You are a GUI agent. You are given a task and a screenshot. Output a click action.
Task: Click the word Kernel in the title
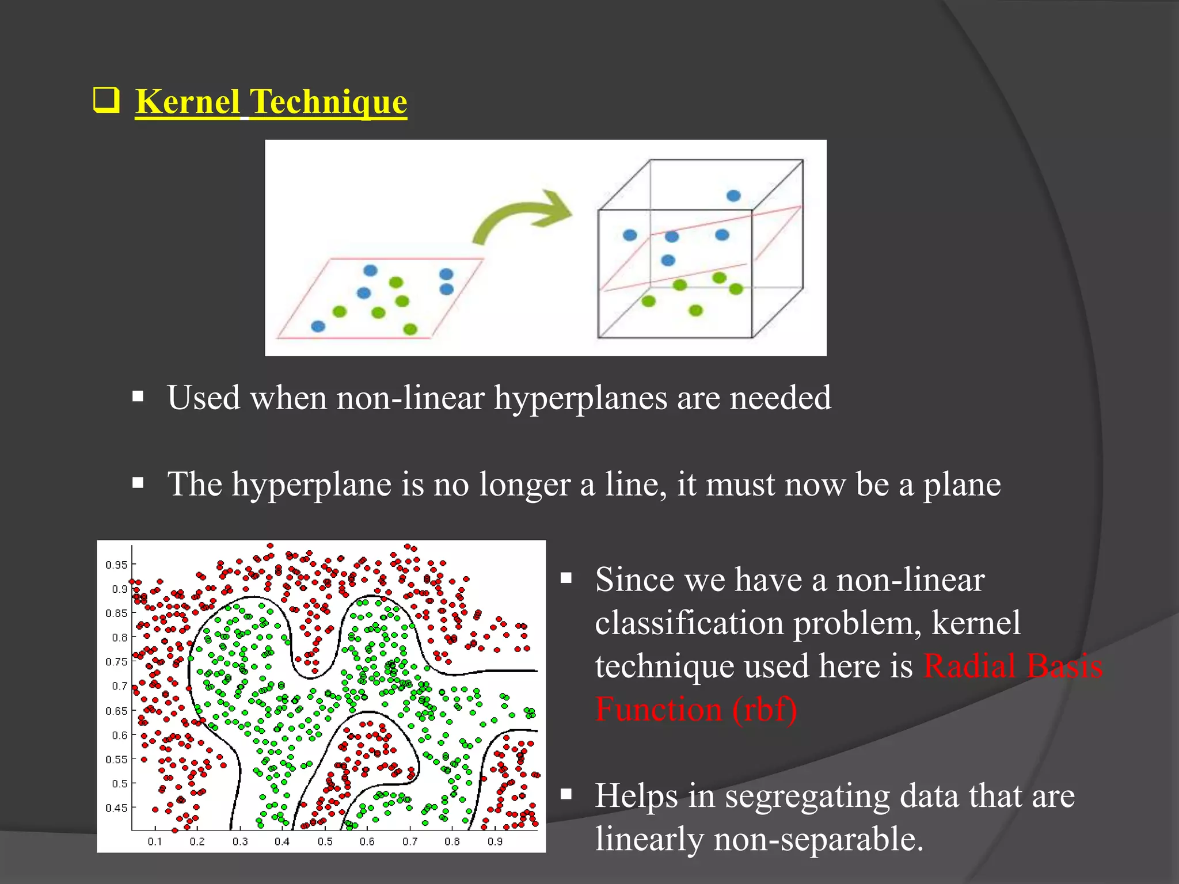click(187, 102)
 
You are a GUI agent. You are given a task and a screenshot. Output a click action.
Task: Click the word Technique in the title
click(329, 102)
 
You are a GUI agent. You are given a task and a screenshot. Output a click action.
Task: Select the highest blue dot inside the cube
click(733, 196)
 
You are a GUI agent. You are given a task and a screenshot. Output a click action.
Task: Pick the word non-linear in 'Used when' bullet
click(410, 398)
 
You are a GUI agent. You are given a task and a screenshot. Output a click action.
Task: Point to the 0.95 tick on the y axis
click(117, 565)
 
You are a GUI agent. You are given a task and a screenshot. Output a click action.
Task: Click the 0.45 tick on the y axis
click(117, 808)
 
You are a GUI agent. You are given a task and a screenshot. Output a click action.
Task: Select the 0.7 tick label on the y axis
click(120, 686)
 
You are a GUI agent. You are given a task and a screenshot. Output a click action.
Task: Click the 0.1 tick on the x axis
click(155, 841)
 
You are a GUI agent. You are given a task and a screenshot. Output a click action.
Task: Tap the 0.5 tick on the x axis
click(325, 841)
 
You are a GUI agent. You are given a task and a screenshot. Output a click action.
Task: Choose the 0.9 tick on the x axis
click(495, 841)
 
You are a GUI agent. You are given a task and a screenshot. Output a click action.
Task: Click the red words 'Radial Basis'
click(1013, 666)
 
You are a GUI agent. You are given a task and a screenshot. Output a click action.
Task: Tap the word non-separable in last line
click(817, 839)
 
